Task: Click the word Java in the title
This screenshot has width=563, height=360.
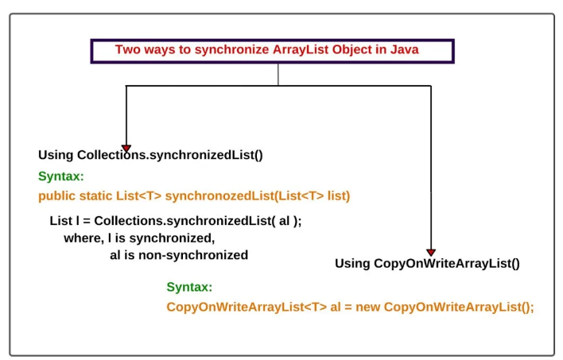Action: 404,49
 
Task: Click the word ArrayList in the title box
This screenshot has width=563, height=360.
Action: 301,49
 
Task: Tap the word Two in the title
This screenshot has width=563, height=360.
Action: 127,49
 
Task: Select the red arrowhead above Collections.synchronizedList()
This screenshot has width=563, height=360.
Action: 126,149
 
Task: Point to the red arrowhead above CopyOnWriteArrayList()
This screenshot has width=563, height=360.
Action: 431,253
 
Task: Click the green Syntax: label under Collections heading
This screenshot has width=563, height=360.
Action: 61,176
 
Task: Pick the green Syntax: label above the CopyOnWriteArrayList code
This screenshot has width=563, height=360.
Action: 189,287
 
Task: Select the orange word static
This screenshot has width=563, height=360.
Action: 96,196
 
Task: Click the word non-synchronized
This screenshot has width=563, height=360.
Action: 193,255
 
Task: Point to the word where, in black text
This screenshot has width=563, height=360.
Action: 84,238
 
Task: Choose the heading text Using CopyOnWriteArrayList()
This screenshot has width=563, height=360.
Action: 427,264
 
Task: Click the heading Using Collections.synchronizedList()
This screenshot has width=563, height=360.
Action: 150,155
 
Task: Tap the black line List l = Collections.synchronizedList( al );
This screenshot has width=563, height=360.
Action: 176,221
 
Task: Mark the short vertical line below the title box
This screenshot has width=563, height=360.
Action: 278,75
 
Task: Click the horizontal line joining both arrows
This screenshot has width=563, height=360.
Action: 278,86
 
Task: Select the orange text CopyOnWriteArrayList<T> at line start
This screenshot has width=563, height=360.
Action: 247,308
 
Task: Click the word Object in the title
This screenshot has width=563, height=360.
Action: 352,49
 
